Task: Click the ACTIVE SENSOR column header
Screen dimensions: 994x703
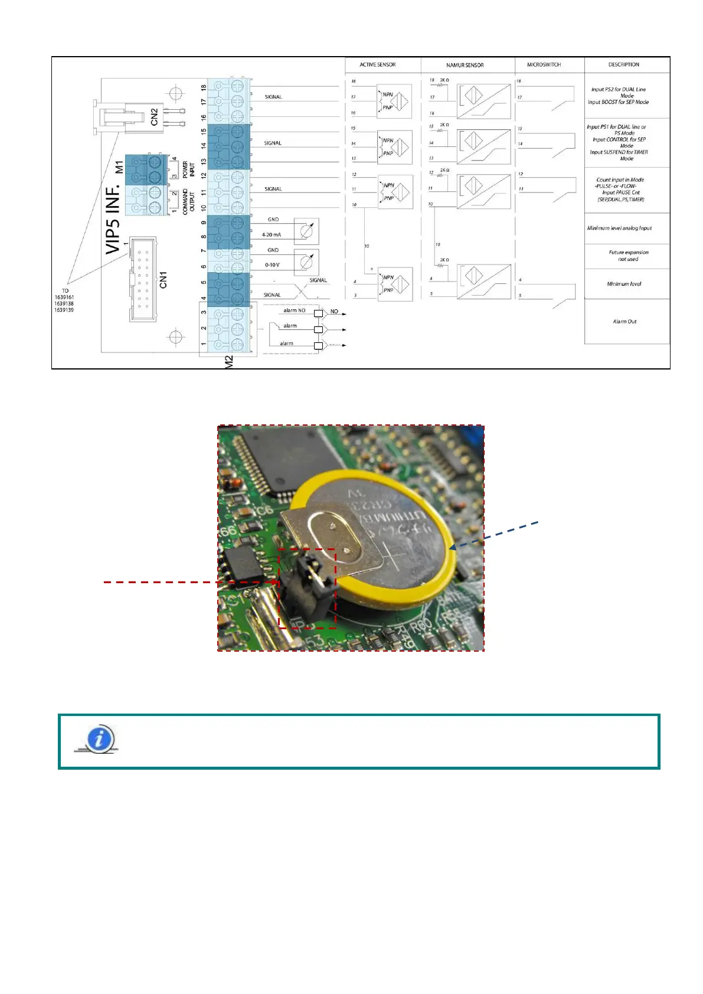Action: pyautogui.click(x=378, y=65)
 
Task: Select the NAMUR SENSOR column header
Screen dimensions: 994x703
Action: pyautogui.click(x=465, y=66)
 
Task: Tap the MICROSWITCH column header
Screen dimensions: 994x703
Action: pyautogui.click(x=544, y=65)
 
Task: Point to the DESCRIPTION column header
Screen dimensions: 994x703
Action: pyautogui.click(x=623, y=65)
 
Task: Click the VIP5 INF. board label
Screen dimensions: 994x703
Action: pyautogui.click(x=113, y=218)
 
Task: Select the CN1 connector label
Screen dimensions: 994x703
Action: pyautogui.click(x=164, y=280)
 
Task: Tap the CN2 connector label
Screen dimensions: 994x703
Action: pyautogui.click(x=155, y=116)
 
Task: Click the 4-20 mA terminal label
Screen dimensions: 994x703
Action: pyautogui.click(x=272, y=235)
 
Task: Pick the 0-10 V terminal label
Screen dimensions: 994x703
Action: pyautogui.click(x=272, y=265)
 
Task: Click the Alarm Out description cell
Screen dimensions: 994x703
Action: pyautogui.click(x=624, y=322)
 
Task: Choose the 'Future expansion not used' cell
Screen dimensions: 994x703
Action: pyautogui.click(x=628, y=256)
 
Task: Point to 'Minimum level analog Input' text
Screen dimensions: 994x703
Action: pyautogui.click(x=619, y=228)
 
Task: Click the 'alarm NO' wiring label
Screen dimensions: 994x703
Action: pyautogui.click(x=295, y=310)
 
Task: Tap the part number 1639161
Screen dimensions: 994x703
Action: pyautogui.click(x=64, y=297)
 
